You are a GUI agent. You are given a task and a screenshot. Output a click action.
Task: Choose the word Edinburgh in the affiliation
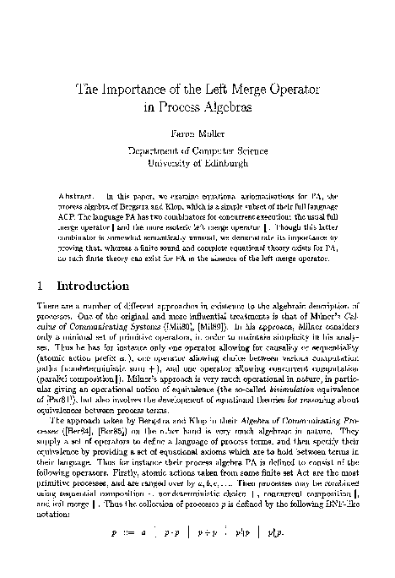(x=222, y=161)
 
